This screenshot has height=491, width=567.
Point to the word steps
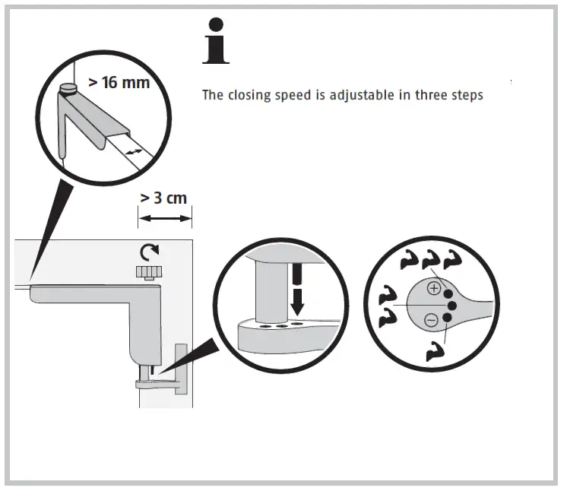(467, 96)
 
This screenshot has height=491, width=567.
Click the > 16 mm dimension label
(119, 82)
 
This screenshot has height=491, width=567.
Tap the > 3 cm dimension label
(163, 199)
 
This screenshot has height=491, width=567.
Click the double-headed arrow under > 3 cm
(164, 218)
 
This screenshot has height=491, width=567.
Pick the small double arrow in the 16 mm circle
(134, 153)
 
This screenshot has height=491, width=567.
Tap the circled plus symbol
(432, 288)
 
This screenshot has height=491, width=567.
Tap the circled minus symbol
(431, 320)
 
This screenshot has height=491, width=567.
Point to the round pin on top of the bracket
(68, 90)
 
